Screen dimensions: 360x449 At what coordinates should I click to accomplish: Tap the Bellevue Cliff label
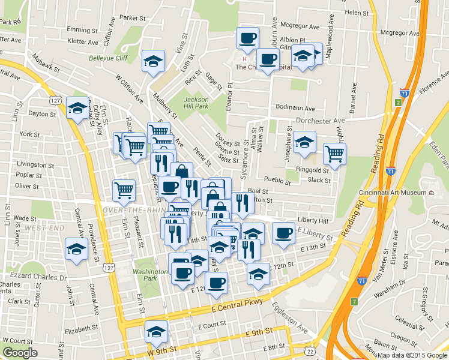(x=108, y=58)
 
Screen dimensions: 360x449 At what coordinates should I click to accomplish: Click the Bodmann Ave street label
(x=295, y=109)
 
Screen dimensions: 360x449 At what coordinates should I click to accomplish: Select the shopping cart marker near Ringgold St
(x=334, y=152)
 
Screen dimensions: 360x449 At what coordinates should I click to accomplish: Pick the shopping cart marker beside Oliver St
(x=124, y=190)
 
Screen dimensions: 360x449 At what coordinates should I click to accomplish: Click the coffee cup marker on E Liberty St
(x=283, y=233)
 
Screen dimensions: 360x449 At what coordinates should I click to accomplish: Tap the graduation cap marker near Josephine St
(x=304, y=142)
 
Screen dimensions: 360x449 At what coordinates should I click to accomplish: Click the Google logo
(x=20, y=353)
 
